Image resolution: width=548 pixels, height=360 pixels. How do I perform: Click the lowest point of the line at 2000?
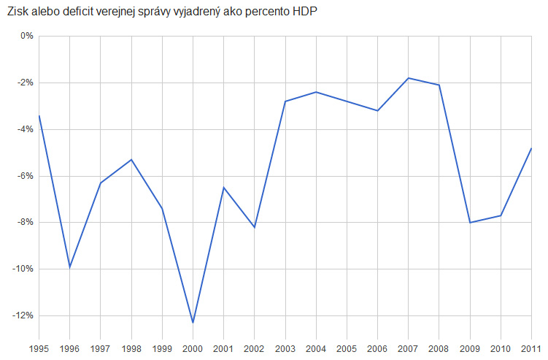coord(193,323)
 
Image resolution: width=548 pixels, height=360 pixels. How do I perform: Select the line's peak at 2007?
coord(408,78)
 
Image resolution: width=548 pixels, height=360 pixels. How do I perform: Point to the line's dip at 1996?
coord(69,268)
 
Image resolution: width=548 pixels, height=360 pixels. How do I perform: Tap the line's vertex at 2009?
coord(470,223)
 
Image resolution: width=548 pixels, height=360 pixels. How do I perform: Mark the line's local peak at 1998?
coord(131,159)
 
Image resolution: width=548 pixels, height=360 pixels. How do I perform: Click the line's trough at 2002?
coord(255,227)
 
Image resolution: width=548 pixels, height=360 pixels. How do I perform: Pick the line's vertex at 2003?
coord(285,102)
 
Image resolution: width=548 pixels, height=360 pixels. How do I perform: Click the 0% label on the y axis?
coord(27,36)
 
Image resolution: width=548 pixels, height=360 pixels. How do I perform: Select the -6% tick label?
coord(25,176)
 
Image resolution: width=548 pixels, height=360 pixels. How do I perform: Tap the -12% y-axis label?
coord(23,315)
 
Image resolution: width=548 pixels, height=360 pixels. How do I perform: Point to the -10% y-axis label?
coord(23,269)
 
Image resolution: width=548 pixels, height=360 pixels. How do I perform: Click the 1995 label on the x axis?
coord(39,349)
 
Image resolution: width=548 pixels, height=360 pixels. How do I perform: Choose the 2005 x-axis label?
coord(347,349)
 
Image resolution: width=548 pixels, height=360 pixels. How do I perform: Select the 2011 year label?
coord(531,349)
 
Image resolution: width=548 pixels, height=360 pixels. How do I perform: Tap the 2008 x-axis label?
coord(439,349)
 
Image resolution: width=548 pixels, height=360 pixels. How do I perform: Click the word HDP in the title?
coord(305,12)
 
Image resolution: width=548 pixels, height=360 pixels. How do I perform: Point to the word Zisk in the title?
coord(18,12)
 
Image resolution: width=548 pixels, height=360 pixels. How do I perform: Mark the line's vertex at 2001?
coord(224,188)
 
